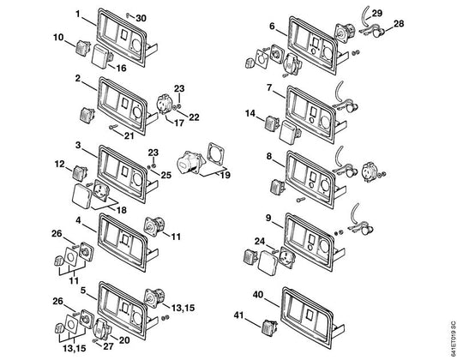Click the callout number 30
pyautogui.click(x=141, y=18)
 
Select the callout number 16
pyautogui.click(x=121, y=69)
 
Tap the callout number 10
pyautogui.click(x=58, y=38)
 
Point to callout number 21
pyautogui.click(x=129, y=135)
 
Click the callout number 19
pyautogui.click(x=225, y=175)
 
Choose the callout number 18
pyautogui.click(x=121, y=210)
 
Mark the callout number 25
pyautogui.click(x=166, y=175)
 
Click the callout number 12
pyautogui.click(x=59, y=164)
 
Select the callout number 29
pyautogui.click(x=377, y=13)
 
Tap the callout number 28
pyautogui.click(x=399, y=24)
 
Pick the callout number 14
pyautogui.click(x=250, y=113)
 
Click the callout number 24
pyautogui.click(x=260, y=242)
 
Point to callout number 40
pyautogui.click(x=258, y=295)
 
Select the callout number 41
pyautogui.click(x=238, y=315)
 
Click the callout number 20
pyautogui.click(x=123, y=340)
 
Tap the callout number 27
pyautogui.click(x=108, y=346)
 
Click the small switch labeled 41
pyautogui.click(x=270, y=327)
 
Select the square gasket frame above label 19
pyautogui.click(x=216, y=153)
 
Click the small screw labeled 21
pyautogui.click(x=113, y=127)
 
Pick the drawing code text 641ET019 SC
pyautogui.click(x=453, y=339)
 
